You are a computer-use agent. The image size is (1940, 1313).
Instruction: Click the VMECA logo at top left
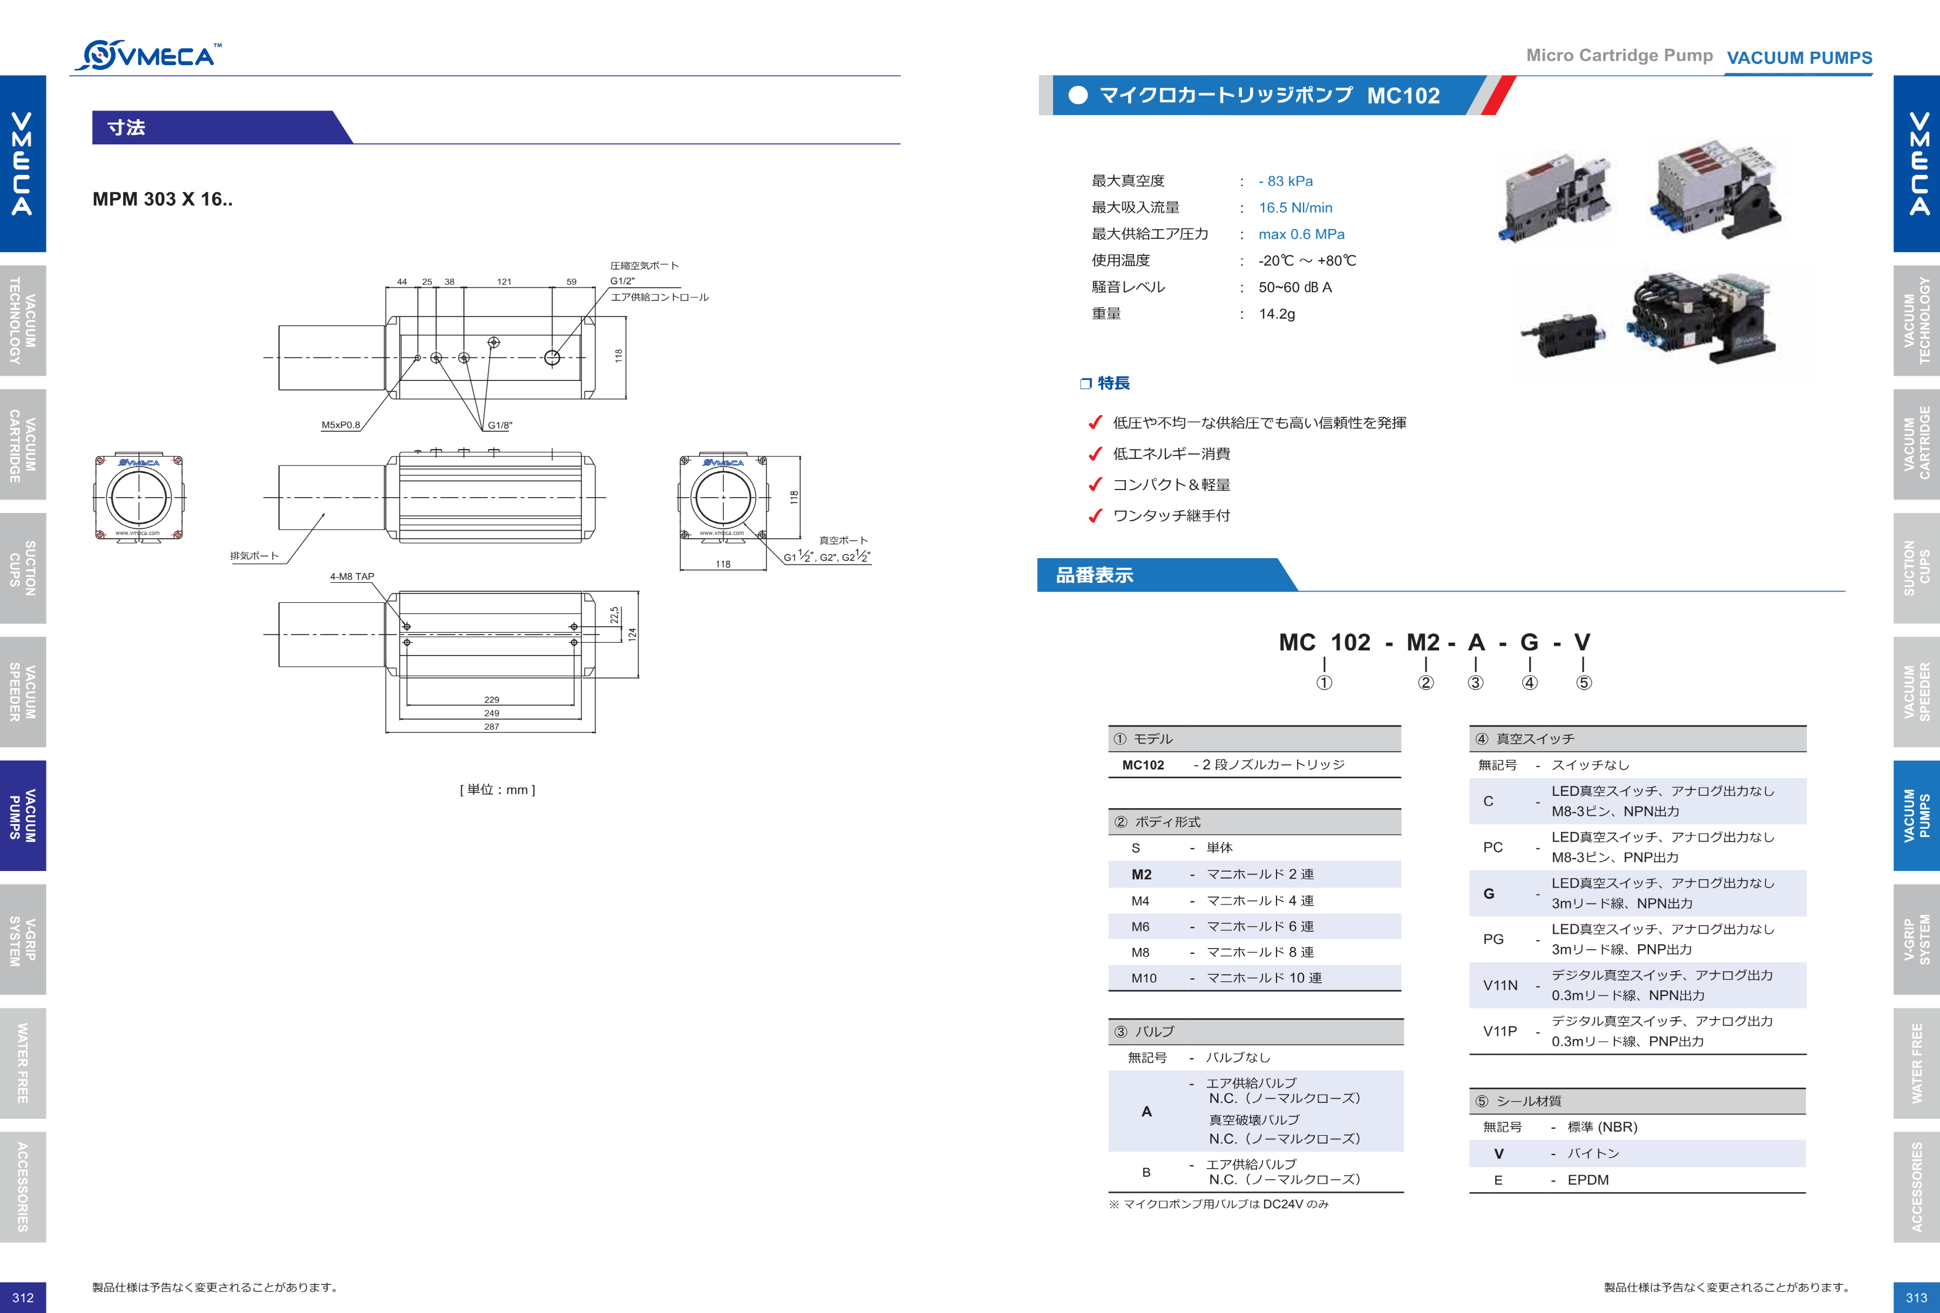click(x=148, y=55)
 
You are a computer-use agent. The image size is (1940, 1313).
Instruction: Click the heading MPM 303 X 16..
click(x=162, y=199)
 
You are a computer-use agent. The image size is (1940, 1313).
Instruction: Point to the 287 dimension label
click(x=491, y=727)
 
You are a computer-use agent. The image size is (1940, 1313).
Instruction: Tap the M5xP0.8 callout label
click(x=341, y=424)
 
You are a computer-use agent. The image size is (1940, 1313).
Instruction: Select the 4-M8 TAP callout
click(x=351, y=576)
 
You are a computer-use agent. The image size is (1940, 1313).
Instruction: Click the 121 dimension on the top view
click(x=504, y=282)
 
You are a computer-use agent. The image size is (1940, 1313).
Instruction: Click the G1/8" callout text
click(x=500, y=425)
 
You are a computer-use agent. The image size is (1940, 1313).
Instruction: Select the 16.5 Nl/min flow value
click(x=1295, y=208)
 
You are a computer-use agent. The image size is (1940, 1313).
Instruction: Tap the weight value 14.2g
click(x=1277, y=314)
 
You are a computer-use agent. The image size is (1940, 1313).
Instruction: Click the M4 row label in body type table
click(x=1140, y=900)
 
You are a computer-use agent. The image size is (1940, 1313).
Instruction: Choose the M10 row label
click(x=1143, y=978)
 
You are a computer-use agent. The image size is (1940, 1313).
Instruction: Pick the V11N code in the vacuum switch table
click(x=1500, y=985)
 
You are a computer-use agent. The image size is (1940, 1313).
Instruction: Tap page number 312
click(x=22, y=1297)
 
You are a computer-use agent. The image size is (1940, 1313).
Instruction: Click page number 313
click(x=1916, y=1297)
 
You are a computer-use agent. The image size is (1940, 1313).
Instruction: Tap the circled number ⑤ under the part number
click(x=1583, y=683)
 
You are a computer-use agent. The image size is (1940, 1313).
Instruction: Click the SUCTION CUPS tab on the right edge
click(x=1916, y=568)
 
